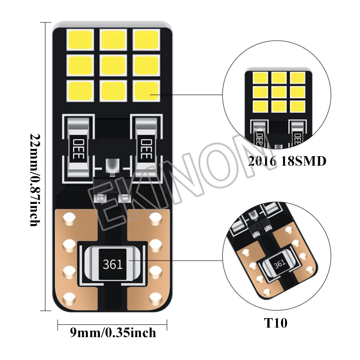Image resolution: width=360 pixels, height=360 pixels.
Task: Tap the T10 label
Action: (276, 323)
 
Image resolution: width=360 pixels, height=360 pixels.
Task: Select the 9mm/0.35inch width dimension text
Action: (112, 333)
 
